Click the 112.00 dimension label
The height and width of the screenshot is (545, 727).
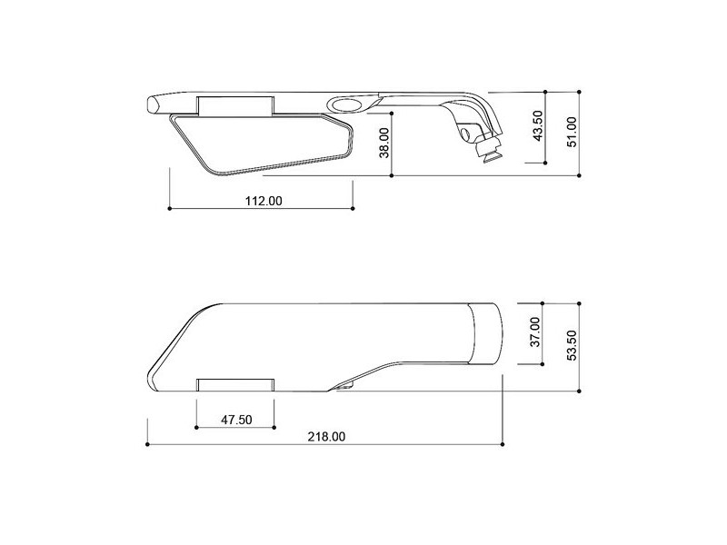[x=264, y=201]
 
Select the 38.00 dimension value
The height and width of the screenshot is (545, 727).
[x=383, y=143]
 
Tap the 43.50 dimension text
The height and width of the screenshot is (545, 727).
[x=537, y=125]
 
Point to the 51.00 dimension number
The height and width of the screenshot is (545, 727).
[x=573, y=132]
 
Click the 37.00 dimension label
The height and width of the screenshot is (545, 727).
[x=535, y=332]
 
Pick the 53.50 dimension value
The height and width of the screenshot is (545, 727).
[x=572, y=345]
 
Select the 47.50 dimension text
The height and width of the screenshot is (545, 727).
[x=236, y=420]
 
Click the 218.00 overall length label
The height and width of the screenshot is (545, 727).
[x=326, y=437]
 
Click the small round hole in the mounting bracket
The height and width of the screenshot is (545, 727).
[x=465, y=134]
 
